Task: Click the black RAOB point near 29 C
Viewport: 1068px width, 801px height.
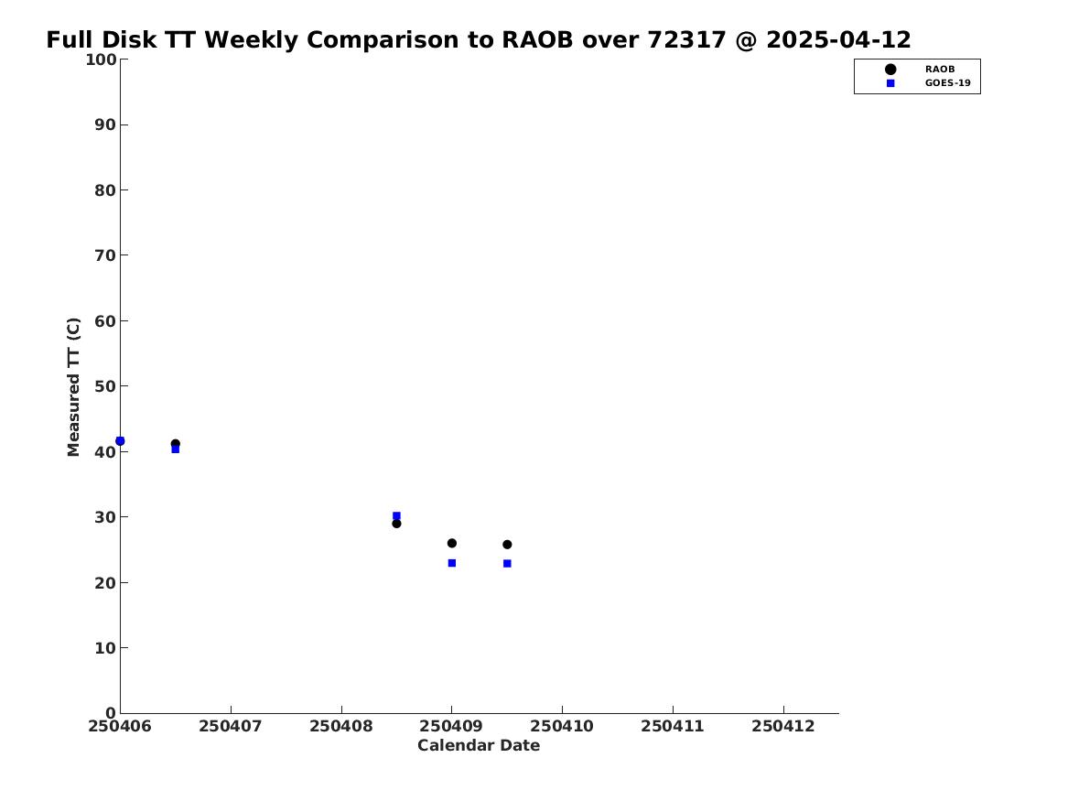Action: point(396,524)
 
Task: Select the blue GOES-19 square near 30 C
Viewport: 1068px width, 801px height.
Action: point(396,516)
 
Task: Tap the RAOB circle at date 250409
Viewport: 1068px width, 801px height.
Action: point(451,544)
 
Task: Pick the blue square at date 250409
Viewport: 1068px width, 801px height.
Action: point(451,563)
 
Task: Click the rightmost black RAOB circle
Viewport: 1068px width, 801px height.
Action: point(507,545)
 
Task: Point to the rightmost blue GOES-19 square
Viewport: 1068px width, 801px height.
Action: point(507,564)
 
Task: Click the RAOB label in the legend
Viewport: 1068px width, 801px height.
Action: point(940,70)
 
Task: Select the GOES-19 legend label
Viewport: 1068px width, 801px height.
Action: point(948,83)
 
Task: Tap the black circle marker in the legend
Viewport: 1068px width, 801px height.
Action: point(890,70)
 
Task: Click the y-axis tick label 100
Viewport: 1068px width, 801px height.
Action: point(101,60)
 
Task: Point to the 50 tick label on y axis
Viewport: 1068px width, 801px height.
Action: point(105,386)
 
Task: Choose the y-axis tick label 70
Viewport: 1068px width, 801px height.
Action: point(105,255)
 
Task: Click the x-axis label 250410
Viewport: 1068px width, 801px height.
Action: point(562,727)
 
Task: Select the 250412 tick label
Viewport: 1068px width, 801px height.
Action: point(783,727)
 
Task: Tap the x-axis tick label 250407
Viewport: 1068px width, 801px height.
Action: point(231,727)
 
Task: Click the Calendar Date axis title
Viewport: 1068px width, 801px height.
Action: point(479,746)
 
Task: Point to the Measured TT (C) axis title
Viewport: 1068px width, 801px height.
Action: point(73,387)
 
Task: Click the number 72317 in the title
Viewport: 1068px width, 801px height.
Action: point(687,40)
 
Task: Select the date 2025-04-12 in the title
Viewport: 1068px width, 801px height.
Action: point(839,40)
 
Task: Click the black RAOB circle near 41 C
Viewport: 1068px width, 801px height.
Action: point(175,444)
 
